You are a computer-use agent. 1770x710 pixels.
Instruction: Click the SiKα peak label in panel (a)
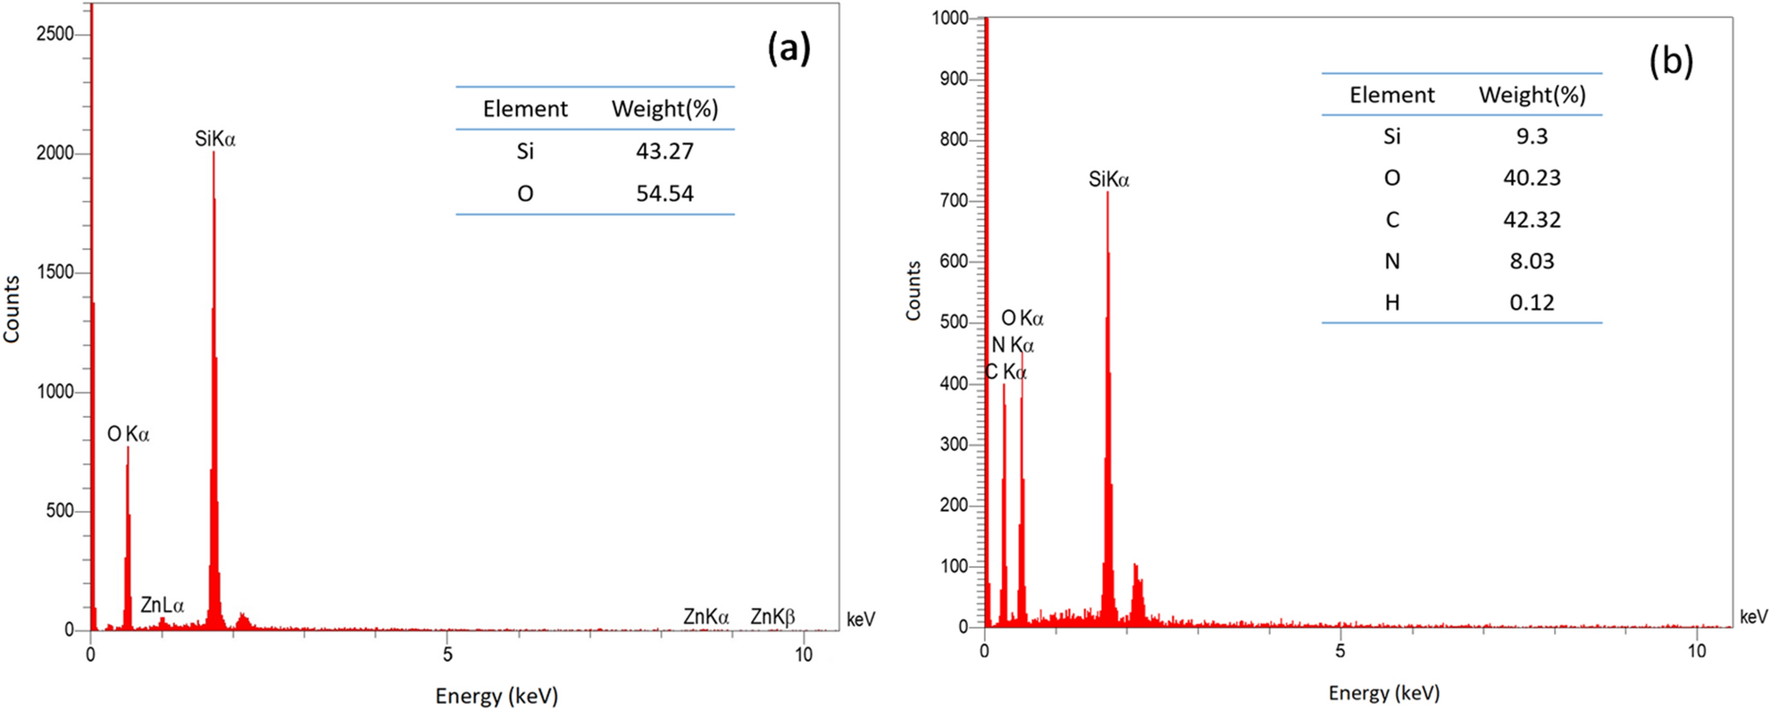[215, 138]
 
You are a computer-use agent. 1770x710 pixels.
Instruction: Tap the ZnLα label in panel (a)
[162, 606]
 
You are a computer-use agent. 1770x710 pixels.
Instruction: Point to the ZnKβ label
[772, 616]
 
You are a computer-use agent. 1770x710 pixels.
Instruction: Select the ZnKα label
[705, 616]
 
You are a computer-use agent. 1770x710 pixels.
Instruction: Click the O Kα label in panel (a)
[129, 434]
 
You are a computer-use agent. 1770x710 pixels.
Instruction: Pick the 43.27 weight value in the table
[664, 151]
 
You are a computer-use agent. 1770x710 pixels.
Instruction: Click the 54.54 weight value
[664, 193]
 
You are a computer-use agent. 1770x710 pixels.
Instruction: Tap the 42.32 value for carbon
[1532, 220]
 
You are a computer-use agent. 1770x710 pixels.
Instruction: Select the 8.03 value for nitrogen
[1532, 261]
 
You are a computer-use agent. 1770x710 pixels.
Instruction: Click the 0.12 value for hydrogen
[1532, 303]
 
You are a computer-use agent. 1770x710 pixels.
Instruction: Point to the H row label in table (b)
[1391, 303]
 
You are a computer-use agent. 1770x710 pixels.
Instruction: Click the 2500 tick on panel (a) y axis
[55, 34]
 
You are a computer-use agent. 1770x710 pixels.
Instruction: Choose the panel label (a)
[789, 48]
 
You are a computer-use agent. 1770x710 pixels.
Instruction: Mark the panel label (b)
[1670, 61]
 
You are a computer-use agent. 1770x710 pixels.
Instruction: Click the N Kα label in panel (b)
[1013, 345]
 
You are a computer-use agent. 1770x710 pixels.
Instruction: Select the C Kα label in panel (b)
[1006, 372]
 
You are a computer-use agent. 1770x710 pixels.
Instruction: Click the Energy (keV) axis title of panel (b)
[1383, 693]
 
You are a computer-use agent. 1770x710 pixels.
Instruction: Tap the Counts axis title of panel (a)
[12, 309]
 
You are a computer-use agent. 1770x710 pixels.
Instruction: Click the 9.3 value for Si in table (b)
[1532, 136]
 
